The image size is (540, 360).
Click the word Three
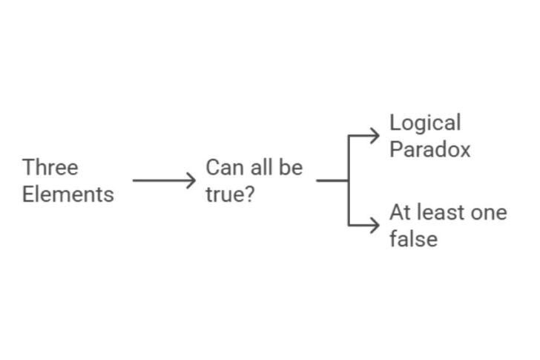coord(50,167)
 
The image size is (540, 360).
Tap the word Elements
coord(68,194)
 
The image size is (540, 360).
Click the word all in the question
coord(260,167)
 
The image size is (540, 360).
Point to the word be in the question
coord(290,167)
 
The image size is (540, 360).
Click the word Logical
coord(425,123)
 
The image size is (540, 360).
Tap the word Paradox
coord(430,149)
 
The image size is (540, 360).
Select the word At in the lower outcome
coord(401,213)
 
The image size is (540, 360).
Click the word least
coord(438,213)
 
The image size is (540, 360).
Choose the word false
coord(413,239)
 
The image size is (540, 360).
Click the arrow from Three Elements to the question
coord(163,180)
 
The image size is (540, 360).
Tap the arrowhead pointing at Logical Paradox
coord(375,135)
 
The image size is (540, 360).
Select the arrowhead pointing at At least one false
coord(375,225)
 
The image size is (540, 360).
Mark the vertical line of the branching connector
coord(349,180)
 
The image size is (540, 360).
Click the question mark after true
coord(249,194)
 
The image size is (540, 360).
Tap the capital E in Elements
coord(28,194)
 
